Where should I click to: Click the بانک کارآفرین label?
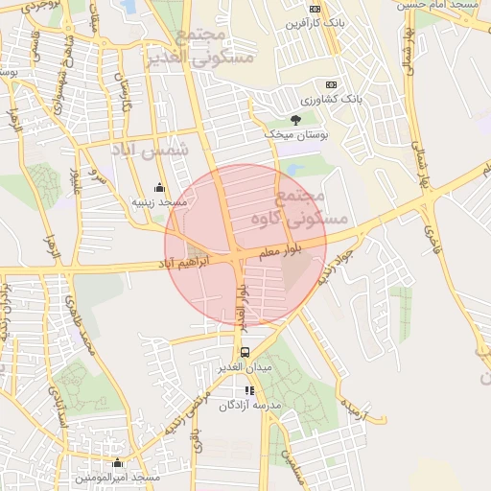(294, 22)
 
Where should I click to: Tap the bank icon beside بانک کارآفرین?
(332, 22)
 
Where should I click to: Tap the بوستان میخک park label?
(296, 135)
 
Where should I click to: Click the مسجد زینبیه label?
(158, 203)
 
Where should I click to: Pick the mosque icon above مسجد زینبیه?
(159, 188)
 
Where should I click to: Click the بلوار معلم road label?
(279, 251)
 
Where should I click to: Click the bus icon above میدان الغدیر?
(245, 352)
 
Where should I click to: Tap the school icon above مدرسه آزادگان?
(249, 390)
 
